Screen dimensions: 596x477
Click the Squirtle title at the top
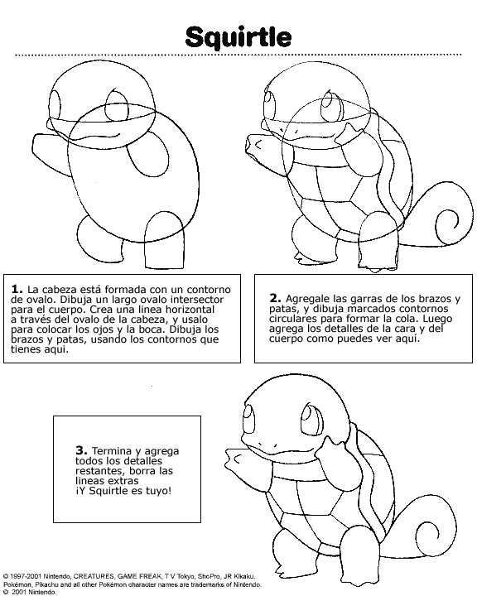click(238, 36)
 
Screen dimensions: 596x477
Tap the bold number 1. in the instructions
click(16, 288)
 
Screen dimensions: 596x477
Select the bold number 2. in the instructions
click(275, 298)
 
